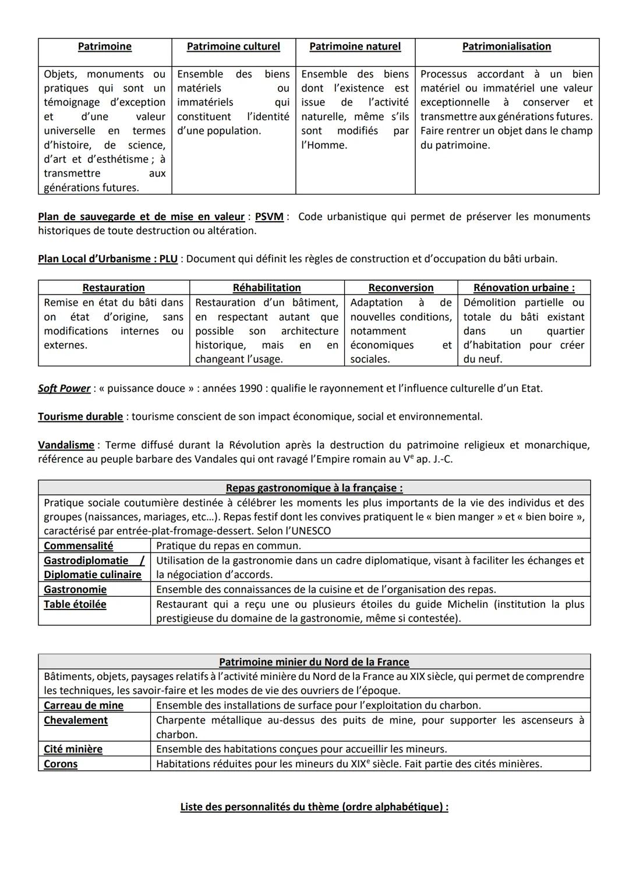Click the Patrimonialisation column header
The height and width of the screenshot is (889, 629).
(506, 47)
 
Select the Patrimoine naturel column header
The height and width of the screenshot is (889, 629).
(355, 47)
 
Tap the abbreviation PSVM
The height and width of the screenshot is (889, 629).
(269, 217)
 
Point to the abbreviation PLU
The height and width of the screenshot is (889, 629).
(168, 259)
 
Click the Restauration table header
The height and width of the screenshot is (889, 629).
(114, 288)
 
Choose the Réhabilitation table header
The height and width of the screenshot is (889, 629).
(267, 288)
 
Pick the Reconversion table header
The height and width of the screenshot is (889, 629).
(401, 288)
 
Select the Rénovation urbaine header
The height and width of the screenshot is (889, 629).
(524, 288)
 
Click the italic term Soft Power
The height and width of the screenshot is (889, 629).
(64, 388)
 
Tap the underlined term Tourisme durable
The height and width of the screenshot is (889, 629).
(80, 417)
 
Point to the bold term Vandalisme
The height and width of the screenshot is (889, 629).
(66, 445)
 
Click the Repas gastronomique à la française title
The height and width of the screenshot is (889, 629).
(314, 488)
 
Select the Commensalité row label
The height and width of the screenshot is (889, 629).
(79, 546)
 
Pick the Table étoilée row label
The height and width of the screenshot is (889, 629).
(75, 604)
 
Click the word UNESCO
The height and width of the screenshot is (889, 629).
(310, 531)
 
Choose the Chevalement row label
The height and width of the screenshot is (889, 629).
(76, 720)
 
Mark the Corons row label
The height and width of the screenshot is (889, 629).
(61, 764)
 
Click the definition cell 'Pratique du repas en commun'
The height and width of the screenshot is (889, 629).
(228, 546)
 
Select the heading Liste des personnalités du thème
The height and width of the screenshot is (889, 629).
(314, 807)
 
